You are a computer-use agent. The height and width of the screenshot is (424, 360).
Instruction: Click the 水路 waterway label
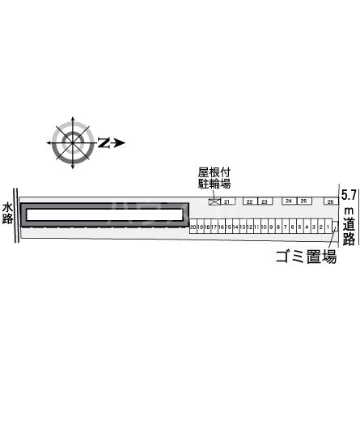tap(7, 212)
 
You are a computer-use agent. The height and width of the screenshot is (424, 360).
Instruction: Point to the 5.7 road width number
tap(349, 195)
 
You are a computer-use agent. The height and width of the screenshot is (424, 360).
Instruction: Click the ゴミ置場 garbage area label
tap(305, 257)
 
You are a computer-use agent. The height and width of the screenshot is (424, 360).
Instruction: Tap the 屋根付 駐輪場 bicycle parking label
tap(214, 178)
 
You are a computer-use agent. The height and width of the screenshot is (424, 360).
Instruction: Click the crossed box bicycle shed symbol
tap(214, 201)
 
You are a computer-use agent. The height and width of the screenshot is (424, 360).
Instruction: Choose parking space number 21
tap(227, 201)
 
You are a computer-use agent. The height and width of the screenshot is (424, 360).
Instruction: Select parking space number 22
tap(249, 201)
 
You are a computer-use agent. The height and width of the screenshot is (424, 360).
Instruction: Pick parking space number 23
tap(264, 201)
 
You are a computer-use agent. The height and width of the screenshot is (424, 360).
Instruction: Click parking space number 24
tap(288, 201)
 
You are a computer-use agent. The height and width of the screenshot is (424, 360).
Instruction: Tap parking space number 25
tap(303, 201)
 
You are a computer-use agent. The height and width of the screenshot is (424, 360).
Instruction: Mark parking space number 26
tap(330, 201)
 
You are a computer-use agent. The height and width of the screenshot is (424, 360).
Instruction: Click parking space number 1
tap(328, 227)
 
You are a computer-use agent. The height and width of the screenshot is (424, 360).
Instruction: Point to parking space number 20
tap(193, 227)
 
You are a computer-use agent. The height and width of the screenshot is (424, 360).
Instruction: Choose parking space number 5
tap(299, 227)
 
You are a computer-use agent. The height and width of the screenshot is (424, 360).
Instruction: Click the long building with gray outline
tap(104, 214)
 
